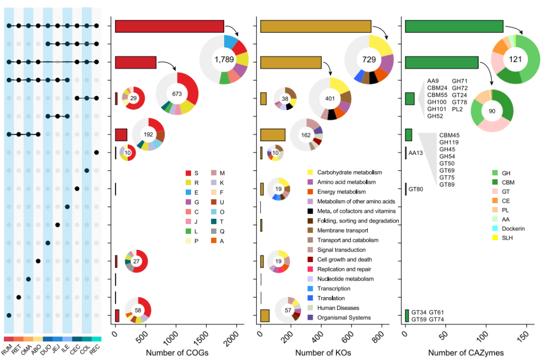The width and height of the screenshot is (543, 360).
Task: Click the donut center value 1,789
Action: click(x=224, y=60)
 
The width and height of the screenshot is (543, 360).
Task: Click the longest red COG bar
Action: click(x=169, y=26)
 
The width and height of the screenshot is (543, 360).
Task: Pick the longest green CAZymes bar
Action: click(x=454, y=26)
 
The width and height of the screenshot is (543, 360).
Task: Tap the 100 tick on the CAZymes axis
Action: click(x=486, y=336)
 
